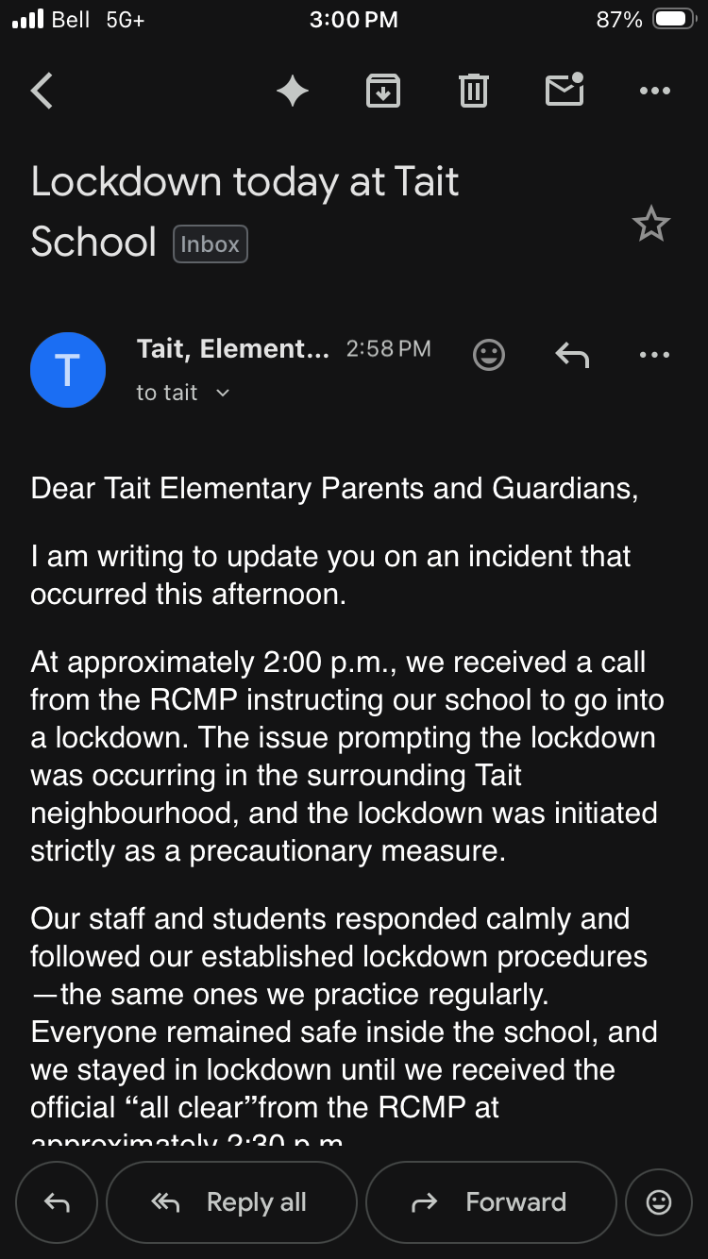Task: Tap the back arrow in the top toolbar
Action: [x=42, y=92]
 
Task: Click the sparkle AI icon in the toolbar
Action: [x=293, y=92]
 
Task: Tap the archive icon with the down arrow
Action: [x=383, y=92]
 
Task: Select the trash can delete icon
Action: [x=473, y=92]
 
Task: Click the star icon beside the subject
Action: [x=650, y=225]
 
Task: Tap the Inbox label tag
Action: [x=210, y=244]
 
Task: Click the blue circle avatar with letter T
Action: [x=68, y=370]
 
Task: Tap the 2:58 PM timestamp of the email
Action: [x=388, y=349]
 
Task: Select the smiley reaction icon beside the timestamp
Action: [x=489, y=355]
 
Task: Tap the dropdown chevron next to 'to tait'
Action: [x=223, y=394]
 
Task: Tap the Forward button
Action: [x=491, y=1202]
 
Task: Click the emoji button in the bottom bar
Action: [x=658, y=1202]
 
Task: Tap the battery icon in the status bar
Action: [x=674, y=20]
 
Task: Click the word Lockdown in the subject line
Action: [x=126, y=181]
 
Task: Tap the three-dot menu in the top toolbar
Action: [x=654, y=92]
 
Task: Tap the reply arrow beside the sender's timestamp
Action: [x=572, y=355]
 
